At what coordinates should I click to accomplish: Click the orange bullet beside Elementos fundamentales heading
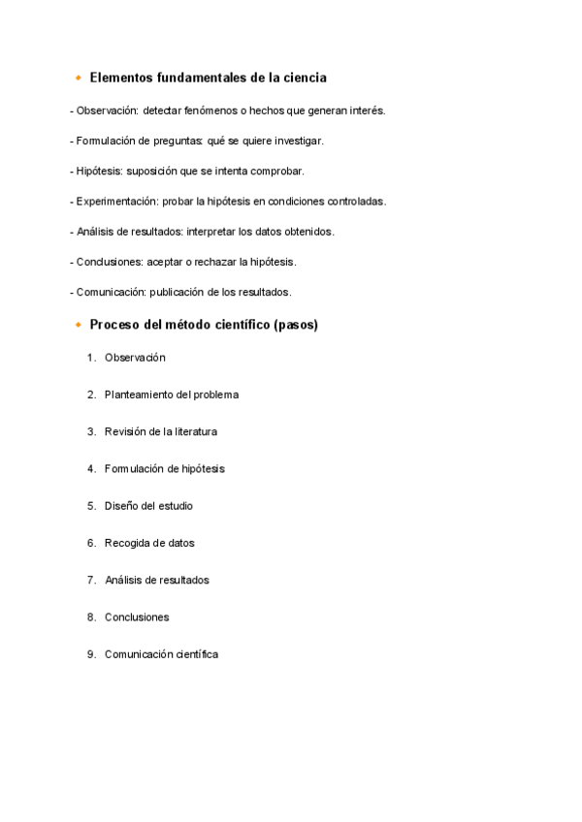pos(78,78)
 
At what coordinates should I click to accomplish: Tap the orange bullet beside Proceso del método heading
pos(78,325)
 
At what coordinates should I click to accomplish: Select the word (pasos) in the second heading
pos(296,325)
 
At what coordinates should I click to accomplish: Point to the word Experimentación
pos(116,202)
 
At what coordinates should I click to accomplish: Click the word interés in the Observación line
pos(367,111)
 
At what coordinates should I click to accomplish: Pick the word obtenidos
pos(307,232)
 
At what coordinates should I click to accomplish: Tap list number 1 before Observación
pos(90,358)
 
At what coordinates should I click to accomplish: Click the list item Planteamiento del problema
pos(172,395)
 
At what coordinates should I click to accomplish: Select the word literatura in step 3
pos(193,431)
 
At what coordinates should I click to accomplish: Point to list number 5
pos(90,506)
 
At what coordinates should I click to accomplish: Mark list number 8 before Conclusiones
pos(90,617)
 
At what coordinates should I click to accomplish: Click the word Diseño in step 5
pos(122,506)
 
